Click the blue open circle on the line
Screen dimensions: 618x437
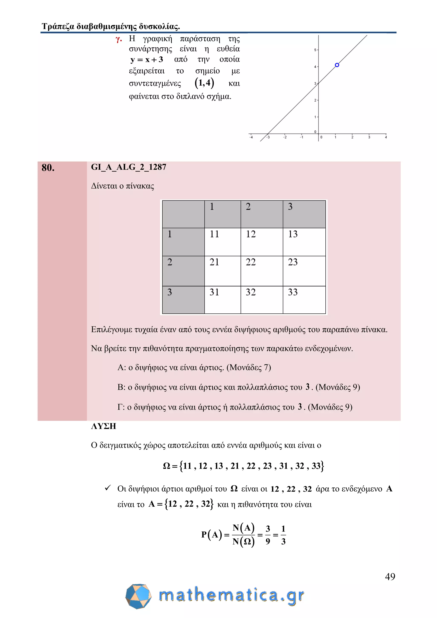click(337, 65)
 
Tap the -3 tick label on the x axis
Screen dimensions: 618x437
click(268, 137)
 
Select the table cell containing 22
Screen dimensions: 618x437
click(262, 271)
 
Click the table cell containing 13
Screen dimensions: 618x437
click(304, 242)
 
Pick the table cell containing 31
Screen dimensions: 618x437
click(222, 300)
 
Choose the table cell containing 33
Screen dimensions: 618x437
click(304, 300)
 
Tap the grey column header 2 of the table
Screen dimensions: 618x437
click(262, 214)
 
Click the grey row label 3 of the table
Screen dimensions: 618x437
click(183, 300)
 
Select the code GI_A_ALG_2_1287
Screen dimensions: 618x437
click(129, 167)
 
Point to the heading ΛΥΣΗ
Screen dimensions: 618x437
click(104, 426)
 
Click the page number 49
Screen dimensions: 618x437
click(390, 577)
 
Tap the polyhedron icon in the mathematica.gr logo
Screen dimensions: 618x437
click(138, 596)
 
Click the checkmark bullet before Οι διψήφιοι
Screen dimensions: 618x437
click(108, 488)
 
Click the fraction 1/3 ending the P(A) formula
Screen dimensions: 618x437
click(283, 535)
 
